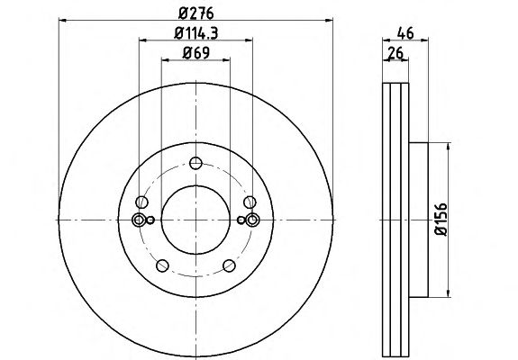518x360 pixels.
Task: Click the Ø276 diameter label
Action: tap(195, 13)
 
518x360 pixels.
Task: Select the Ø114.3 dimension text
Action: tap(195, 33)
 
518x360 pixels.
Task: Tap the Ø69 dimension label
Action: tap(195, 53)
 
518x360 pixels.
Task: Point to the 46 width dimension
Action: tap(405, 33)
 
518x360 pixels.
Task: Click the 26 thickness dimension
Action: tap(395, 53)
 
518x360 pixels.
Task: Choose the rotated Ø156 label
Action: tap(441, 220)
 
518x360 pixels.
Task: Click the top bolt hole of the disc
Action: tap(195, 163)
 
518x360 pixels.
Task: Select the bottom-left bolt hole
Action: tap(162, 265)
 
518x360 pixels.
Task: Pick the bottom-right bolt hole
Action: tap(229, 265)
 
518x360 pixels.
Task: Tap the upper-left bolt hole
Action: tap(141, 202)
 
